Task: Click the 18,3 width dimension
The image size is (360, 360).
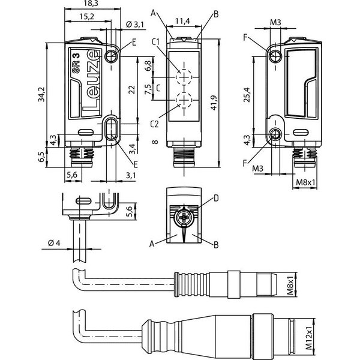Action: (x=91, y=4)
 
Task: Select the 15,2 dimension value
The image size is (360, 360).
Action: (x=87, y=17)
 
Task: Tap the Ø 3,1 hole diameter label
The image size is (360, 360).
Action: (x=135, y=25)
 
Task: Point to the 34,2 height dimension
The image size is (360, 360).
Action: (x=42, y=94)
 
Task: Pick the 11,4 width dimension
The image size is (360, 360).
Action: (x=182, y=21)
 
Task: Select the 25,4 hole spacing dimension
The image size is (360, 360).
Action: (x=247, y=95)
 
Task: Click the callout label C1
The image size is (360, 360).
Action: (x=155, y=42)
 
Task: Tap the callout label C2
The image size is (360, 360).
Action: (x=154, y=124)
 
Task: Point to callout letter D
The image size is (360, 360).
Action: (x=216, y=198)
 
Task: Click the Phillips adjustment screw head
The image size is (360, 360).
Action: (x=184, y=217)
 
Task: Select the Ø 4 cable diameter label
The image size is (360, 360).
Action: (x=54, y=242)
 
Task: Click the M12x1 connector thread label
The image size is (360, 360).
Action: (x=310, y=338)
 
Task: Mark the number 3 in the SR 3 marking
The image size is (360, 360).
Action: (x=76, y=56)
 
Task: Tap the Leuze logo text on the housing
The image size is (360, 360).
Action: (x=91, y=84)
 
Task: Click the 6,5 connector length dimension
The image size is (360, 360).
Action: (x=41, y=157)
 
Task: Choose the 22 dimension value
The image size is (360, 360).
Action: (x=132, y=89)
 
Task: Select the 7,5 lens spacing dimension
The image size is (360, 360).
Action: (x=148, y=89)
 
